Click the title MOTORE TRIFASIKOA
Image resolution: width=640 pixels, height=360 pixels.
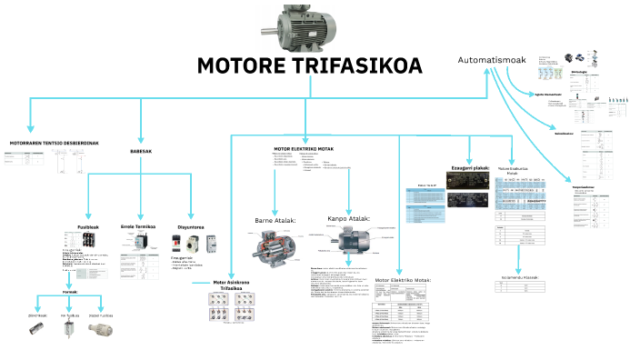coord(309,66)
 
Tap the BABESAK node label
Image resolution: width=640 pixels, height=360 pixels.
coord(141,151)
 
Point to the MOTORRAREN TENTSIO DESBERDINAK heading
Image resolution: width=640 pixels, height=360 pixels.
coord(54,143)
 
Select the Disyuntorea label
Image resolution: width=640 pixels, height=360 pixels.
coord(191,226)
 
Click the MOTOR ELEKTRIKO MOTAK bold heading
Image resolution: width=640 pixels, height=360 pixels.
coord(304,148)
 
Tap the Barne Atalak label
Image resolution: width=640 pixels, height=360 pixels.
coord(273,219)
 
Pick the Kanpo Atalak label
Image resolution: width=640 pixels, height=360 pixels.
coord(348,218)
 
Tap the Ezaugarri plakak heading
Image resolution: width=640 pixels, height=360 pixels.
coord(470,168)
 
